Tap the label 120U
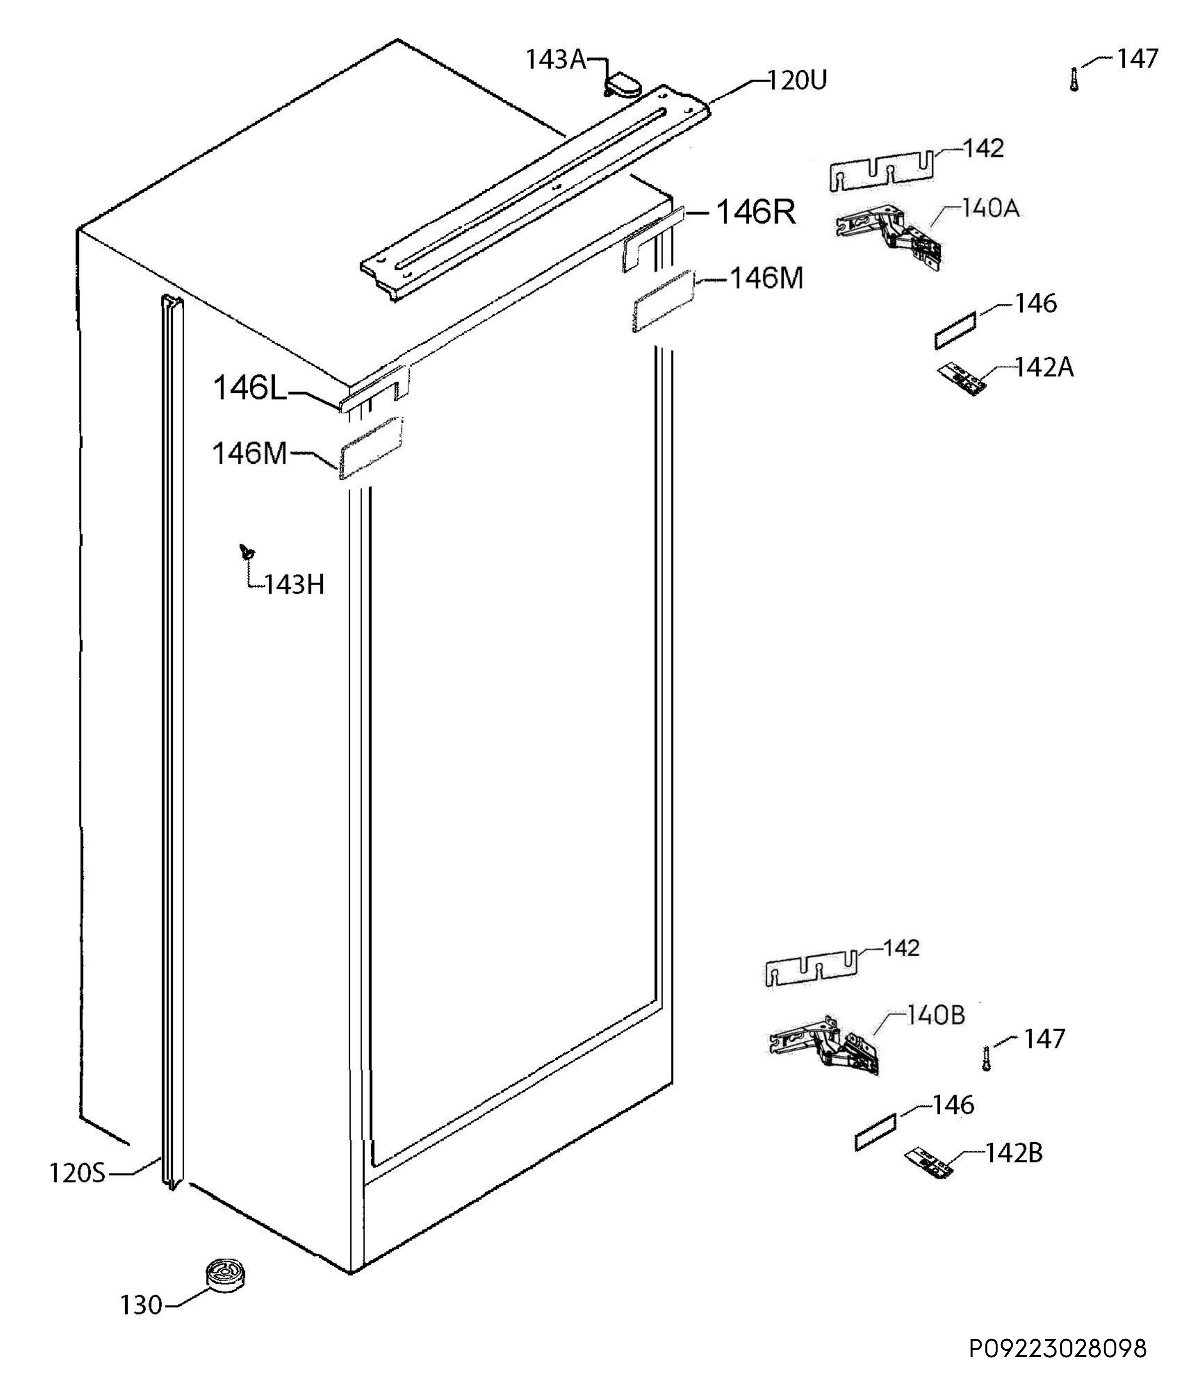(x=797, y=81)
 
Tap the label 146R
(x=756, y=212)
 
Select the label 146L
(x=249, y=388)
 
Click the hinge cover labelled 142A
(x=961, y=378)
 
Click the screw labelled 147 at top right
(x=1074, y=79)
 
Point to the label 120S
(x=77, y=1173)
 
